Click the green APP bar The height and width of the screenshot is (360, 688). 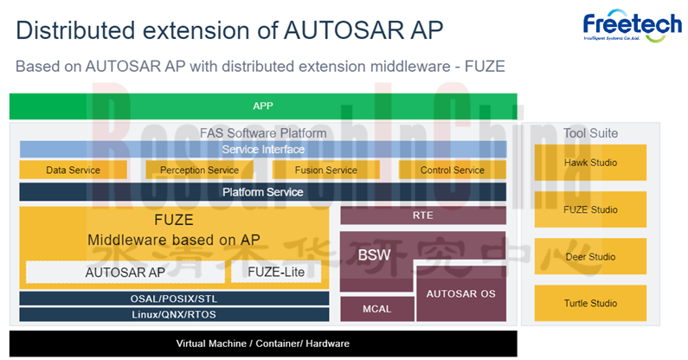coord(263,106)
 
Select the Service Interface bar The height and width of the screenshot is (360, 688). coord(263,150)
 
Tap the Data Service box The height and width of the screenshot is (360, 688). coord(73,170)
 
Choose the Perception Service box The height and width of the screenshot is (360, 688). coord(199,170)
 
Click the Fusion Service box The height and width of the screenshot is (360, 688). coord(325,170)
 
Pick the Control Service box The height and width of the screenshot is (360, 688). coord(452,170)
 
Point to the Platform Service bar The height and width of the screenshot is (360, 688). coord(263,191)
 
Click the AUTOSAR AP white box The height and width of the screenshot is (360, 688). coord(125,272)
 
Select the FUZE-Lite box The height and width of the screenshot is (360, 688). coord(276,272)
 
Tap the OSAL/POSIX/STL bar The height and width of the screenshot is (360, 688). coord(174,298)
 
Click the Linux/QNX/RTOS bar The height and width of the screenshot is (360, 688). coord(174,314)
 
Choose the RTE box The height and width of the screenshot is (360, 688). coord(423,215)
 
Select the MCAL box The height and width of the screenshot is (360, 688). coord(376,307)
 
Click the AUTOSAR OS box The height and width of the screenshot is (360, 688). coord(461,293)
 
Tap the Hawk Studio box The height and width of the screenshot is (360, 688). coord(590,163)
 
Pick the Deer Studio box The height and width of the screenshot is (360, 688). coord(590,257)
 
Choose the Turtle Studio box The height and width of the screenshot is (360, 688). coord(590,303)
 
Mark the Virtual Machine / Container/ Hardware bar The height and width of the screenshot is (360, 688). coord(263,344)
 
